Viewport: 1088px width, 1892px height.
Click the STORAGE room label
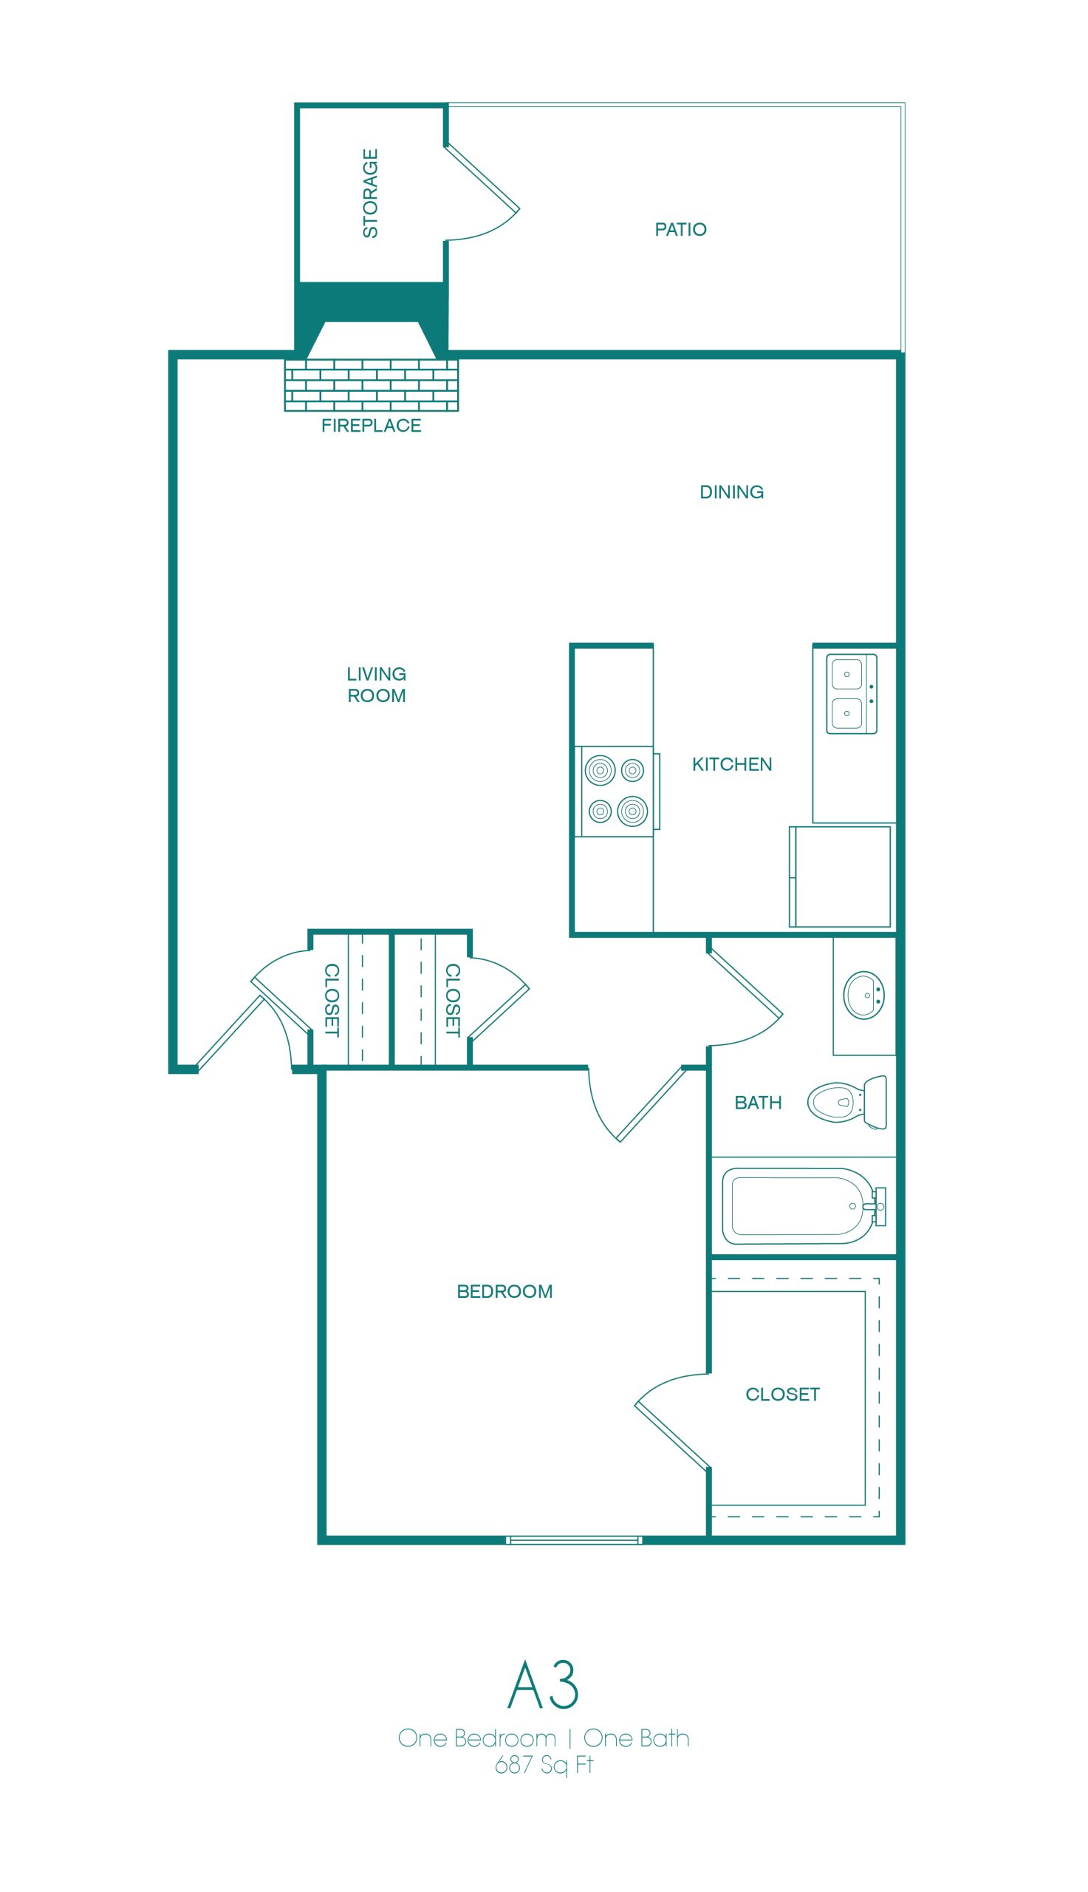pos(370,194)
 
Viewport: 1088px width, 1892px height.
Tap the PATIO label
pos(680,230)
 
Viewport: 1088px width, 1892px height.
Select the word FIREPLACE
pos(372,426)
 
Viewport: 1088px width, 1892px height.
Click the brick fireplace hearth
pos(372,386)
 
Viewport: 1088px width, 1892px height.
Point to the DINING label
pos(731,492)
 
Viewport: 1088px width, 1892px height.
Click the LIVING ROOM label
pos(377,684)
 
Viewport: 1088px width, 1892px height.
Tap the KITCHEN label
pos(731,764)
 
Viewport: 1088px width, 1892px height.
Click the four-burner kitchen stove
pos(617,791)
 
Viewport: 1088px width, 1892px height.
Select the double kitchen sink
pos(851,694)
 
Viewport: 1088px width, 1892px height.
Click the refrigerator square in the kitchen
pos(841,876)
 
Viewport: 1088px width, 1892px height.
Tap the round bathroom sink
pos(865,995)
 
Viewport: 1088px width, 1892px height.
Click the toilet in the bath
pos(847,1102)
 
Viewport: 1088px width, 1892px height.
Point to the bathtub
pos(804,1205)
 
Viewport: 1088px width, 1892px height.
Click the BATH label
pos(758,1103)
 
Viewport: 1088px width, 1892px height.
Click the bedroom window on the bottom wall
pos(574,1540)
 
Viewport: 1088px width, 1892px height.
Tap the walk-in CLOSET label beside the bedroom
pos(782,1394)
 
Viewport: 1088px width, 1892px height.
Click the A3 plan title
pos(543,1684)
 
